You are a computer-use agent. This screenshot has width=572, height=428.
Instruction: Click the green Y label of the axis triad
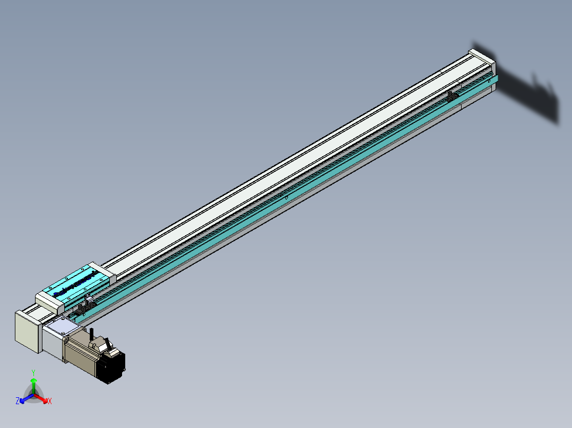pos(33,372)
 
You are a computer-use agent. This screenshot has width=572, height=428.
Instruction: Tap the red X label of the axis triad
pos(50,402)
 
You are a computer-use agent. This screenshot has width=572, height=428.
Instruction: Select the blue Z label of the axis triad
pos(18,401)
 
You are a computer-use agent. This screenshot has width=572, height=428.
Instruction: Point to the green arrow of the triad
pos(33,384)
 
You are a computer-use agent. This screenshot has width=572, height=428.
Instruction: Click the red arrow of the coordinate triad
pos(42,398)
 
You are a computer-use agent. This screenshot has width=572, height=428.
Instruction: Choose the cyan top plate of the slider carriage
pos(77,283)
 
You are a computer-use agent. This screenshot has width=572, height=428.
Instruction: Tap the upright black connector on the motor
pos(91,333)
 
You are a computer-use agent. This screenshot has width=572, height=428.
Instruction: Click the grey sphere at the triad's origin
pos(33,394)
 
